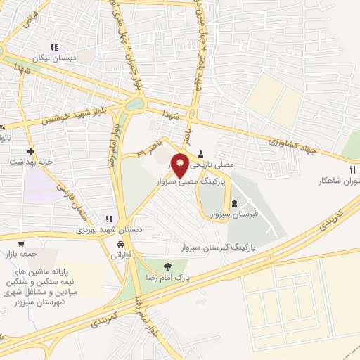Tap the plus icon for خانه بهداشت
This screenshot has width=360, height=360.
coord(30,151)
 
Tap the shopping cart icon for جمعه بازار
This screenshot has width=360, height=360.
coord(25,243)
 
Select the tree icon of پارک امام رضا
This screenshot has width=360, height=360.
coord(167,266)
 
